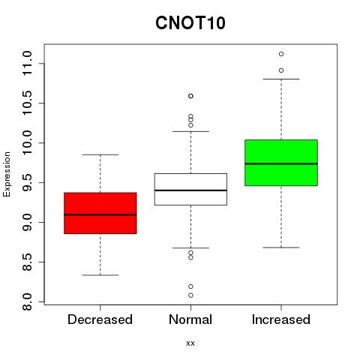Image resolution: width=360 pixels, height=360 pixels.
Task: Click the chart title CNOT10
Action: tap(190, 22)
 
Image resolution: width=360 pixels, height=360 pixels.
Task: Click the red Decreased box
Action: tap(100, 213)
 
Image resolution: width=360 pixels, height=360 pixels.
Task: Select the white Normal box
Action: tap(190, 189)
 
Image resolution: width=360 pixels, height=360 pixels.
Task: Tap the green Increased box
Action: tap(281, 163)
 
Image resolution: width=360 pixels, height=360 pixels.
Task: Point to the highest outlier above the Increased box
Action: tap(281, 54)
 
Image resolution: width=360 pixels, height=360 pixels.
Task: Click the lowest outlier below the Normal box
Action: tap(190, 295)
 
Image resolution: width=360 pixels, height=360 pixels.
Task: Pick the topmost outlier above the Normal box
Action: tap(190, 96)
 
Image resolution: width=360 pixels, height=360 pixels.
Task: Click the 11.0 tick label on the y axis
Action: tap(27, 63)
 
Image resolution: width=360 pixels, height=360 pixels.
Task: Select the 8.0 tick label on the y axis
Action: tap(27, 301)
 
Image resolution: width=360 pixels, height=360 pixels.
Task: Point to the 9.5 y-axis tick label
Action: tap(27, 182)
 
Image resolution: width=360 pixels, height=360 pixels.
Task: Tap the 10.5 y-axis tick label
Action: tap(27, 103)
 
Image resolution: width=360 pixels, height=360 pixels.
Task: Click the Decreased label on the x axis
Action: tap(100, 319)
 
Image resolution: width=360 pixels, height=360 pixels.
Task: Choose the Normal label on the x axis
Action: tap(190, 319)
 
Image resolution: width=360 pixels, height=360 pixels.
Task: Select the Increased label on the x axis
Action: tap(281, 319)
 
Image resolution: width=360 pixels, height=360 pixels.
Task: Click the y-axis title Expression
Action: tap(7, 174)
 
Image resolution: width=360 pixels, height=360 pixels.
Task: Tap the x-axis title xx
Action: tap(190, 343)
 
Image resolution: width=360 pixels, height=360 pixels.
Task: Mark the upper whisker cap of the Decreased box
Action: tap(100, 154)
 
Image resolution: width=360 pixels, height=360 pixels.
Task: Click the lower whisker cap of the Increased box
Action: tap(281, 247)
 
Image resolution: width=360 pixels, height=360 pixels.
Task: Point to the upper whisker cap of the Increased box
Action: tap(281, 79)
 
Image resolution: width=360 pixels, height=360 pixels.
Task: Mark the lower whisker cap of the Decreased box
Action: tap(100, 275)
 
